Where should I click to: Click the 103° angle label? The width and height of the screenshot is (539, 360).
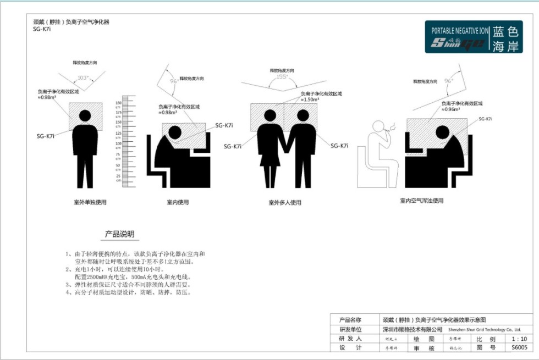[83, 78]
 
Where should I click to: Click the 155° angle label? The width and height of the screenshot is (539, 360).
[282, 77]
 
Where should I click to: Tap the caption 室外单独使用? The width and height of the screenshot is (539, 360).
[90, 202]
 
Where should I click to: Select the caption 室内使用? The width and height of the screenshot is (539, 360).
[178, 202]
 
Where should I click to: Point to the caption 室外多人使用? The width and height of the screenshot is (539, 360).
[285, 203]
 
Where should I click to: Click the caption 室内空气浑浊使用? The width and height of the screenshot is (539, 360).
[421, 201]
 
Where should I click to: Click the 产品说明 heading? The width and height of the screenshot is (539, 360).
[119, 234]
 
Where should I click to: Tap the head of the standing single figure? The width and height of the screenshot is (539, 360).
[85, 115]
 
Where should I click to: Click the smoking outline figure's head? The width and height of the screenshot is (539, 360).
[380, 128]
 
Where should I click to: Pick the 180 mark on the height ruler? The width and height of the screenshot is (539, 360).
[118, 103]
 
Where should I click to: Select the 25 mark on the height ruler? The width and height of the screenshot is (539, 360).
[118, 176]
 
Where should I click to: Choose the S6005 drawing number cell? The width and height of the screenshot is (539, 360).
[519, 348]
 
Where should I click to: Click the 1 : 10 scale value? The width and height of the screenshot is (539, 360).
[519, 339]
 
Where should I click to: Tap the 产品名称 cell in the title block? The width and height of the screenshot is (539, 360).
[351, 319]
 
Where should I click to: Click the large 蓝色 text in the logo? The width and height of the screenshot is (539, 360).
[506, 31]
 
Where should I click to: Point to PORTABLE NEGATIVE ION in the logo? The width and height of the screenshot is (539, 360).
[459, 31]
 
